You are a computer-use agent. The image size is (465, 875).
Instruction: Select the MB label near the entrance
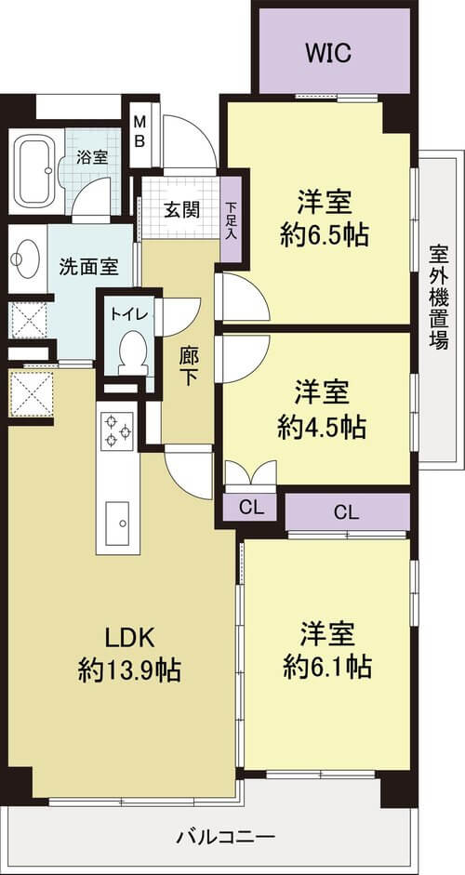(139, 131)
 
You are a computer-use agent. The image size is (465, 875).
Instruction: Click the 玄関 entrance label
(181, 211)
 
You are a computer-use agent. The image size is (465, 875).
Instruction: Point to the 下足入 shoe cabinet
(231, 219)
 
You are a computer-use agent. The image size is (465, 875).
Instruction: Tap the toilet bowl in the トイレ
(133, 352)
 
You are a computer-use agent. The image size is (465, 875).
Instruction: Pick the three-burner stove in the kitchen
(117, 431)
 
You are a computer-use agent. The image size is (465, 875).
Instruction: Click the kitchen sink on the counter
(117, 524)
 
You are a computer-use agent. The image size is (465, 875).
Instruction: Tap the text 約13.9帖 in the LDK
(129, 670)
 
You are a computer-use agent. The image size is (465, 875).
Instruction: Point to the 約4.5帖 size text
(322, 429)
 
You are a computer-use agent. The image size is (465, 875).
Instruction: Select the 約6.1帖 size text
(327, 667)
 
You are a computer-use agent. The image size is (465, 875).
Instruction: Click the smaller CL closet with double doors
(250, 508)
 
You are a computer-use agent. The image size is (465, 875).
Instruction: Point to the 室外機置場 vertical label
(439, 298)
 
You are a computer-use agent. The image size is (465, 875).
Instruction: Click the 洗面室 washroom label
(88, 267)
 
